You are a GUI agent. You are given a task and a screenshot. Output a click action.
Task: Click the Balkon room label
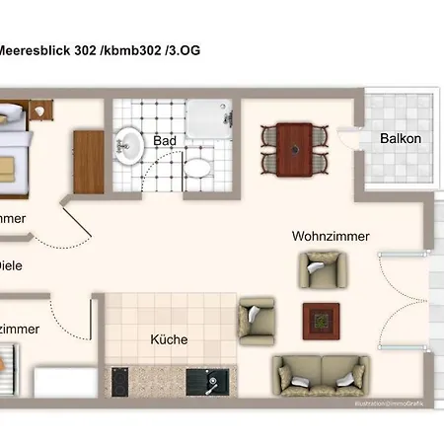(401, 139)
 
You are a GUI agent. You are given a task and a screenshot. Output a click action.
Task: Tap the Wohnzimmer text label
(330, 237)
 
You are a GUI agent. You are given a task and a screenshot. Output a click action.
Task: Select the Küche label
(169, 339)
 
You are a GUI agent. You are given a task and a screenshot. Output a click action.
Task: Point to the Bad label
(165, 141)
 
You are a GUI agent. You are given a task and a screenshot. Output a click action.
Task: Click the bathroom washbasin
(128, 147)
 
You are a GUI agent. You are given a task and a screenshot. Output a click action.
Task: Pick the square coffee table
(322, 319)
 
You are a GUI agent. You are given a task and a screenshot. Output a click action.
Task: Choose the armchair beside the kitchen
(257, 318)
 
